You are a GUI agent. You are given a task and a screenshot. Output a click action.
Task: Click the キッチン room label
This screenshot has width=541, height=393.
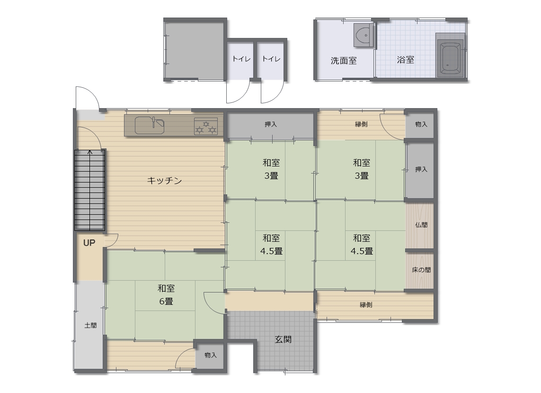pos(164,181)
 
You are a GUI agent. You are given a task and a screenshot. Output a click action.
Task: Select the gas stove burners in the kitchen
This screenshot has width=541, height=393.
pos(206,126)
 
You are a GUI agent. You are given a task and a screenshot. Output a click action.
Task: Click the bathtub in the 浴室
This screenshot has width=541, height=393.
pos(450,58)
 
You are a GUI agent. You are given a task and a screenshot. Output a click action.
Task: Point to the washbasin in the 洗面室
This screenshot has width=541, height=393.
pos(364,35)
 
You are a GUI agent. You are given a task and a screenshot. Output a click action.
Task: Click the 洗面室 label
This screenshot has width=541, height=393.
pos(343,61)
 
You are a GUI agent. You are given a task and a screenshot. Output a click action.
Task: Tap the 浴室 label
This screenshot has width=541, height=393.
pos(406,60)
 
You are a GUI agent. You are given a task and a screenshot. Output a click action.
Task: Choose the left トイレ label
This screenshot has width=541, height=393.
pos(241,59)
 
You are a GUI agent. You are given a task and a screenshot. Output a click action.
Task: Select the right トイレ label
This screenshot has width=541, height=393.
pos(271,59)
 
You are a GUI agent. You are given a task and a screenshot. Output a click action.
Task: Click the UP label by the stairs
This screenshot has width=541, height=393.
pos(89,243)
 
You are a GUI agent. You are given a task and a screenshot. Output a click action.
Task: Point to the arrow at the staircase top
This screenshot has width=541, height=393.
pos(90,152)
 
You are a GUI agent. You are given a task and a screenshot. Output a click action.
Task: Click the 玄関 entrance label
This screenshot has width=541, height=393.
pos(283,339)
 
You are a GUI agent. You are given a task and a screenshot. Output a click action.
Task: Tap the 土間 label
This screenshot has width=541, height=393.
pos(90,325)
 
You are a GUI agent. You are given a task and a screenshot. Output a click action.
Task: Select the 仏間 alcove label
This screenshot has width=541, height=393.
pos(421,225)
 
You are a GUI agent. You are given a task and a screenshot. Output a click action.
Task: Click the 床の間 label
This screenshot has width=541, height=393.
pos(421,270)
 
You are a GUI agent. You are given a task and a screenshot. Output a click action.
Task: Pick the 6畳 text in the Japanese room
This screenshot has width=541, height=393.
pos(166,302)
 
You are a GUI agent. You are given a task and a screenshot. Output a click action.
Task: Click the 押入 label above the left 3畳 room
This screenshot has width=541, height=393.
pos(271,124)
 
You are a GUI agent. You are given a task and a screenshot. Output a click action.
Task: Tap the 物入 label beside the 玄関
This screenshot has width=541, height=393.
pos(211,356)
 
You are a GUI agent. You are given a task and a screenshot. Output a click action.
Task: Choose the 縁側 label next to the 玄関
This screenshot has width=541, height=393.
pos(366,305)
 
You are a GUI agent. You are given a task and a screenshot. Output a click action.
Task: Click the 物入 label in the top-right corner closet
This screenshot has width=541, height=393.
pos(421,124)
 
